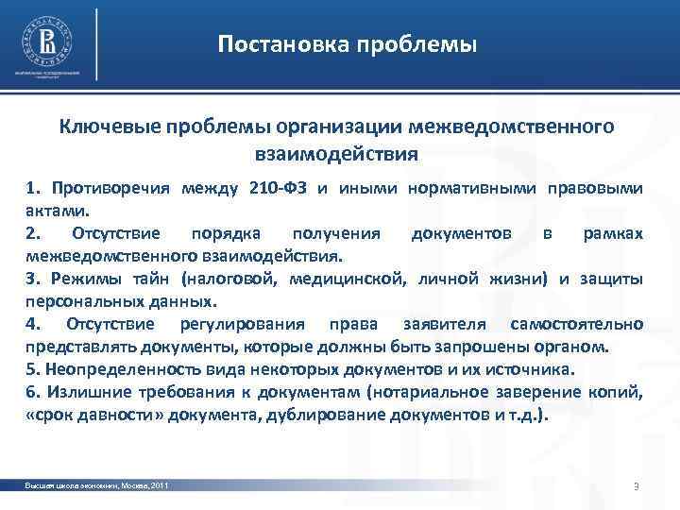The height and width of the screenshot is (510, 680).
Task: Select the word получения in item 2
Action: click(x=337, y=233)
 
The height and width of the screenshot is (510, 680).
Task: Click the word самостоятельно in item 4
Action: click(x=578, y=324)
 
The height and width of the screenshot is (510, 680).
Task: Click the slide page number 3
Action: click(x=637, y=486)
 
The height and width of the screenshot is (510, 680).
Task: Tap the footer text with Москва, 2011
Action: click(x=98, y=485)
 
